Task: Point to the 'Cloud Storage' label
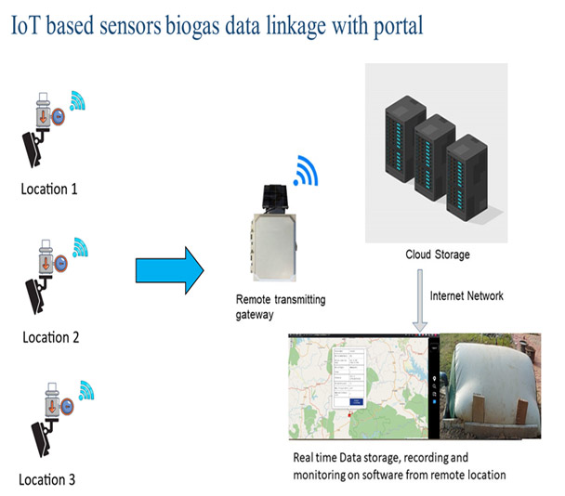[437, 255]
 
